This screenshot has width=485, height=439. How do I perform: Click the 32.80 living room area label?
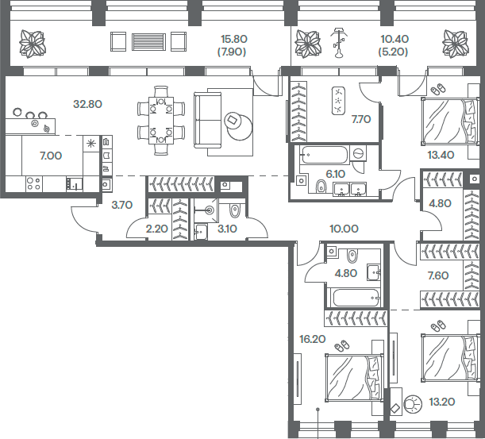(x=87, y=103)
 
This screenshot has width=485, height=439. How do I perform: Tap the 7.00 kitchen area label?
(x=50, y=156)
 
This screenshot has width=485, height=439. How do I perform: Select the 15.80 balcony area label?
(x=234, y=37)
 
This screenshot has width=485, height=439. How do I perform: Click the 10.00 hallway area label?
(x=343, y=229)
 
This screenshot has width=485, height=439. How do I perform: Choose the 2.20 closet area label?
(x=157, y=229)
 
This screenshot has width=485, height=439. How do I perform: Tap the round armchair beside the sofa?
(x=236, y=121)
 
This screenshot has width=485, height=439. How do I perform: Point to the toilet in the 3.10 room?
(x=234, y=210)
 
